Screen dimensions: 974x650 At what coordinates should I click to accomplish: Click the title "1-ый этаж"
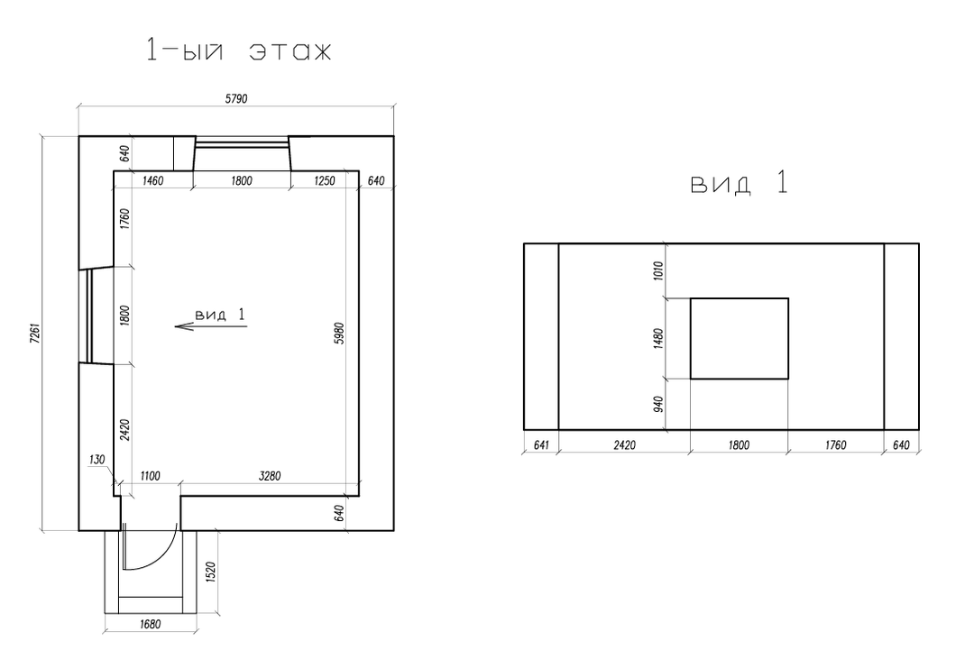pos(239,50)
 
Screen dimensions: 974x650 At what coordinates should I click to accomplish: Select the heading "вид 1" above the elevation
pos(740,183)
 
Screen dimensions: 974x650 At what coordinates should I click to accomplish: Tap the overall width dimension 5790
pos(236,98)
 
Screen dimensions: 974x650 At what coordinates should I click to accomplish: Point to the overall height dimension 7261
pos(35,333)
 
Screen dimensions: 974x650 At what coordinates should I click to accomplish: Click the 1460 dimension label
pos(152,180)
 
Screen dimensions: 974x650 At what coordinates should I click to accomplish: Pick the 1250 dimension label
pos(325,180)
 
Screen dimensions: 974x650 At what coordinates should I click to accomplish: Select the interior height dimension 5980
pos(339,333)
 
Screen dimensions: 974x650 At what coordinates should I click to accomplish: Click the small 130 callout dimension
pos(96,460)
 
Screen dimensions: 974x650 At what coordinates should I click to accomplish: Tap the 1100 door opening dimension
pos(150,476)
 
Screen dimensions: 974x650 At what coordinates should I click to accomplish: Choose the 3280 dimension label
pos(269,476)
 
